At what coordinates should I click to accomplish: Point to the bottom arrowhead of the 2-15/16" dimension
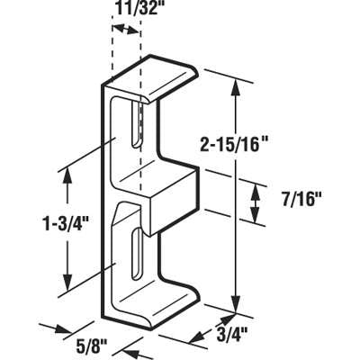236,304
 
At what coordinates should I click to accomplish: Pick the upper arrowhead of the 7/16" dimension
256,184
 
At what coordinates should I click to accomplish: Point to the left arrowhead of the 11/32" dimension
114,28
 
